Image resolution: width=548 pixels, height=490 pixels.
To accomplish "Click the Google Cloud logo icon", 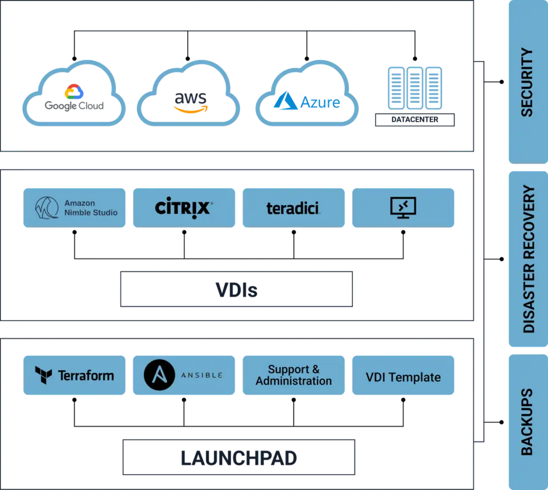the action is click(x=74, y=91).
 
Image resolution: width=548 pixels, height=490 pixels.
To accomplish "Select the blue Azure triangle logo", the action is click(x=285, y=100).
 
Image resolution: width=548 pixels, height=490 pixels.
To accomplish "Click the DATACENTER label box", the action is click(x=415, y=119).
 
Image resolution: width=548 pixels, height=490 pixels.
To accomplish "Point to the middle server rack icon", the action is click(x=415, y=88).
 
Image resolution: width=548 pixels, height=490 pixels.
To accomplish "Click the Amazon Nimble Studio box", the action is click(x=74, y=208).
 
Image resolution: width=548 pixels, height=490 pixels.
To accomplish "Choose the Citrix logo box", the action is click(x=184, y=208).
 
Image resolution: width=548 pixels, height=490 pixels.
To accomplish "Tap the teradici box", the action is click(x=293, y=208).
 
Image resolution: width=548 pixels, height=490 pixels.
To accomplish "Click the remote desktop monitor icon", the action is click(x=404, y=208).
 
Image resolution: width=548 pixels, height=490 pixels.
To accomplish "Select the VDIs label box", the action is click(x=236, y=289).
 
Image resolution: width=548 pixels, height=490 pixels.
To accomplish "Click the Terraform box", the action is click(x=74, y=375).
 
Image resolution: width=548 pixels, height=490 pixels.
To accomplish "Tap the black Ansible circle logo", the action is click(x=159, y=375).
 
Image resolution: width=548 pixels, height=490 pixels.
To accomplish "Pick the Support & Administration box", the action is click(x=293, y=375).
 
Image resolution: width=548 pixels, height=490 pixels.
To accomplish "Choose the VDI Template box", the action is click(x=404, y=375).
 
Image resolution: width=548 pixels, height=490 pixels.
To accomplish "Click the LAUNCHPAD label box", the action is click(x=239, y=457).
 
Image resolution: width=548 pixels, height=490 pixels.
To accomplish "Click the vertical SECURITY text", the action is click(x=527, y=82).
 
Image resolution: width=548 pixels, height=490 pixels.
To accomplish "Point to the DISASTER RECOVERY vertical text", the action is click(x=529, y=259).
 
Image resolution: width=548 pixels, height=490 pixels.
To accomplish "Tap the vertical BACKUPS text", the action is click(x=527, y=422).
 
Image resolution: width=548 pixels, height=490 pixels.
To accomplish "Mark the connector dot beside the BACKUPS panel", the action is click(x=502, y=422).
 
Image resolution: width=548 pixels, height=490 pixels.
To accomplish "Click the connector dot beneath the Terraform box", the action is click(x=74, y=400).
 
